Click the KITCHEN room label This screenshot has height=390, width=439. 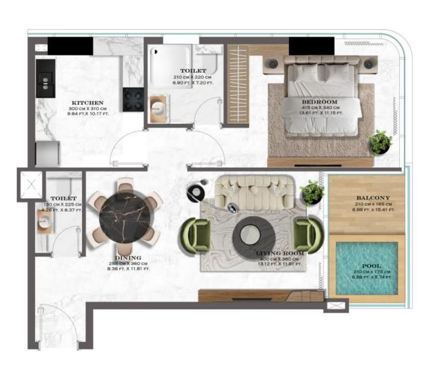(87, 103)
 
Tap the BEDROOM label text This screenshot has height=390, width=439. (319, 102)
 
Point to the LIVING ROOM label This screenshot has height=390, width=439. (279, 253)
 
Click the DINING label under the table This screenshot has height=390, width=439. (128, 258)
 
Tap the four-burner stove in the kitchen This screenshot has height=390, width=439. (133, 99)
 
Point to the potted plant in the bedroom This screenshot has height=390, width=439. (380, 142)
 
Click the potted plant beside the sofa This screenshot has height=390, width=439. (312, 192)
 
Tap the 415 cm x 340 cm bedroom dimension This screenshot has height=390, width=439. (319, 108)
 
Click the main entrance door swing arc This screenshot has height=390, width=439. (54, 321)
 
